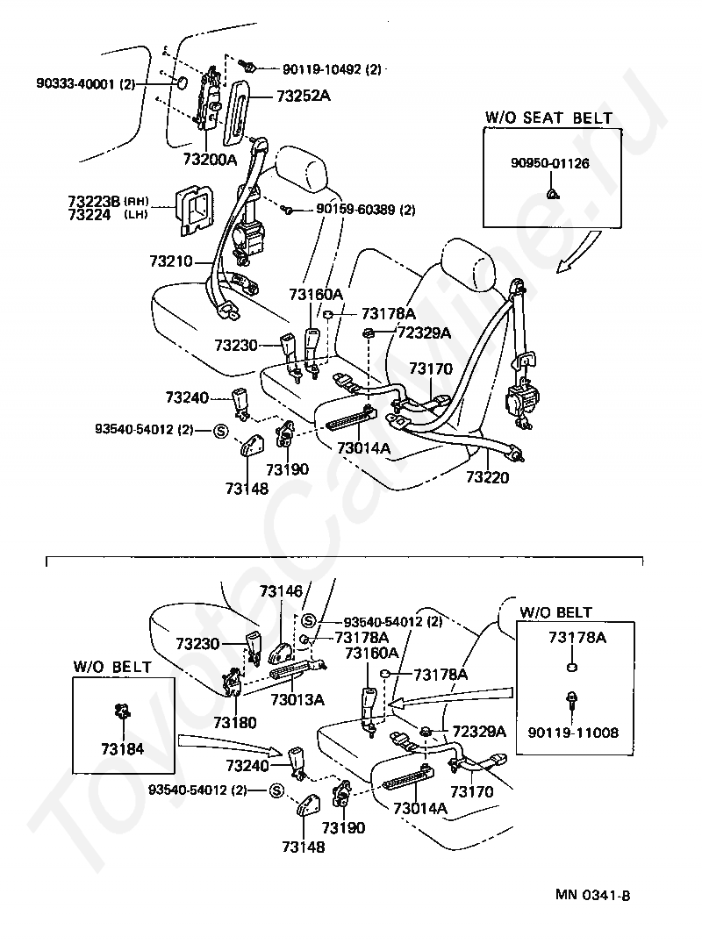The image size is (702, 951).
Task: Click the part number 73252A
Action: (x=304, y=96)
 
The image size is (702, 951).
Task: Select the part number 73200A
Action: (x=210, y=159)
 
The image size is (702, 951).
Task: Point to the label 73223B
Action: (x=96, y=201)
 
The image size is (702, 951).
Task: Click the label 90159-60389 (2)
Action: (x=366, y=210)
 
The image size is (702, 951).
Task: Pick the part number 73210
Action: (x=171, y=261)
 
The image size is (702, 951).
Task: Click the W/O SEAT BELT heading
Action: (x=549, y=118)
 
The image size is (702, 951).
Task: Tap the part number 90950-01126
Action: (x=549, y=163)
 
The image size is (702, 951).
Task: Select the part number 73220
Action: (x=488, y=477)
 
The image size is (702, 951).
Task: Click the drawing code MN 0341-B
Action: (x=593, y=895)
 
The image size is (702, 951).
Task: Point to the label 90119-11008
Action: (x=573, y=732)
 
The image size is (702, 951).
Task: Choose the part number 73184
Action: (x=123, y=749)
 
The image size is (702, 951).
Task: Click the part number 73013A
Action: (x=297, y=699)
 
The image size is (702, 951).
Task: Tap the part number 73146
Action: (x=281, y=591)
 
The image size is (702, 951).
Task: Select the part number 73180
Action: (x=235, y=722)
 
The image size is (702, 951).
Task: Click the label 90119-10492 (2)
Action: (x=332, y=69)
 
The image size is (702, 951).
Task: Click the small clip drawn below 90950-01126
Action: (x=552, y=194)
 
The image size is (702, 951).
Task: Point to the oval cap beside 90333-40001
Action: (x=182, y=83)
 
